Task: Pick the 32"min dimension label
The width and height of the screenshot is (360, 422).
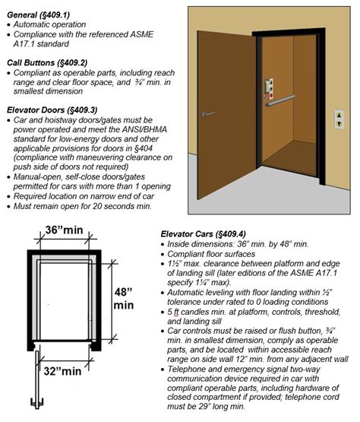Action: pos(62,372)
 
